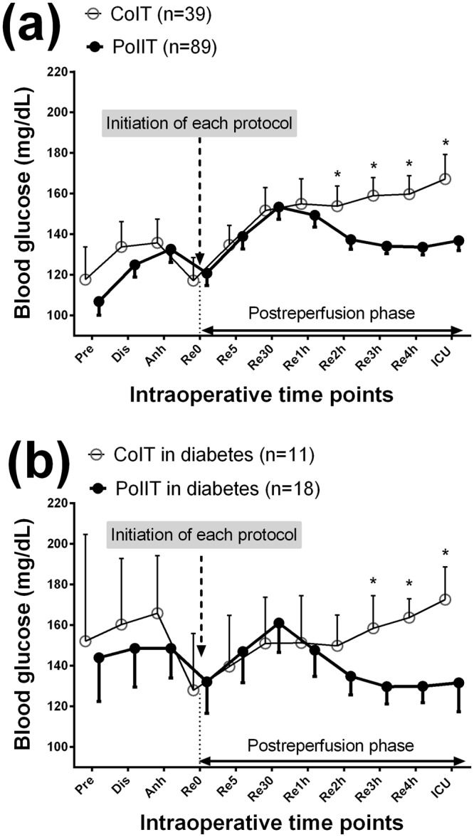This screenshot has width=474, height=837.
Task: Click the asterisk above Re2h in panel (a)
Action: click(338, 174)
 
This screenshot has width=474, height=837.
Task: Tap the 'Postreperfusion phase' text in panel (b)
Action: click(332, 745)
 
